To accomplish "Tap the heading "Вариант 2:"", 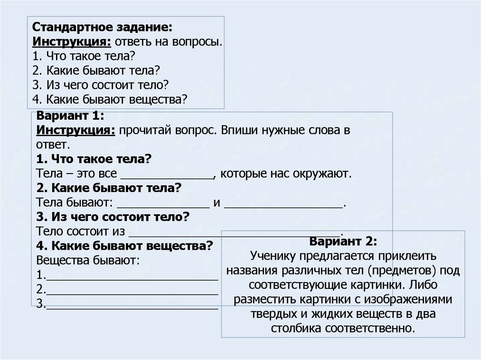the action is click(x=343, y=242).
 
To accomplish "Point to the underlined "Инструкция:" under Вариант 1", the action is click(x=76, y=130).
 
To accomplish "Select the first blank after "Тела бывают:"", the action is click(x=163, y=205).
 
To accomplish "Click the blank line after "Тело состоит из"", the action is click(x=235, y=233).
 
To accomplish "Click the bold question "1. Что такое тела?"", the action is click(x=93, y=160).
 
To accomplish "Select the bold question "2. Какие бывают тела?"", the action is click(x=109, y=188).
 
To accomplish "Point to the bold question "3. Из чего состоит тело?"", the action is click(x=113, y=218).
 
